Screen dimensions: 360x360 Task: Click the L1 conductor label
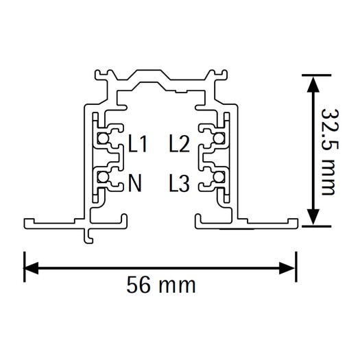pyautogui.click(x=138, y=144)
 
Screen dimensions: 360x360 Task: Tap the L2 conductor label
pyautogui.click(x=179, y=144)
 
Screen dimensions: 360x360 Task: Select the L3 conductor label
pyautogui.click(x=179, y=183)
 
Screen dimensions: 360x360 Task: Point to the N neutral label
pyautogui.click(x=135, y=183)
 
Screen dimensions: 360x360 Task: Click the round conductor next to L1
pyautogui.click(x=102, y=139)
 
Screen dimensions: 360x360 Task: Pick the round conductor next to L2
pyautogui.click(x=218, y=139)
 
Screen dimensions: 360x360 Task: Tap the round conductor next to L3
pyautogui.click(x=218, y=177)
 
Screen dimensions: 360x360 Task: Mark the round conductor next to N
pyautogui.click(x=102, y=177)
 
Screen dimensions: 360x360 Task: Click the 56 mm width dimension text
pyautogui.click(x=161, y=285)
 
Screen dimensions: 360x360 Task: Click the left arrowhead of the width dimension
pyautogui.click(x=31, y=267)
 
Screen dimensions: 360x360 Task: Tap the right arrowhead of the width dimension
pyautogui.click(x=287, y=267)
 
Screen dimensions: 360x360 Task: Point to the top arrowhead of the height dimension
pyautogui.click(x=313, y=84)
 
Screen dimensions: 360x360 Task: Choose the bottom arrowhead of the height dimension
pyautogui.click(x=313, y=217)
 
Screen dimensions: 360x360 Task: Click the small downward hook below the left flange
pyautogui.click(x=88, y=236)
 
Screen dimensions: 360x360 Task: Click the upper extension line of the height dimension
pyautogui.click(x=316, y=75)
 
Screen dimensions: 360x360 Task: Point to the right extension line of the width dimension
pyautogui.click(x=296, y=267)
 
